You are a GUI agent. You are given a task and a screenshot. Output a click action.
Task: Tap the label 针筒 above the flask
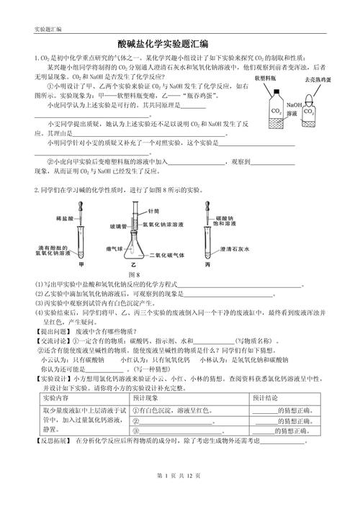pyautogui.click(x=152, y=212)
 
